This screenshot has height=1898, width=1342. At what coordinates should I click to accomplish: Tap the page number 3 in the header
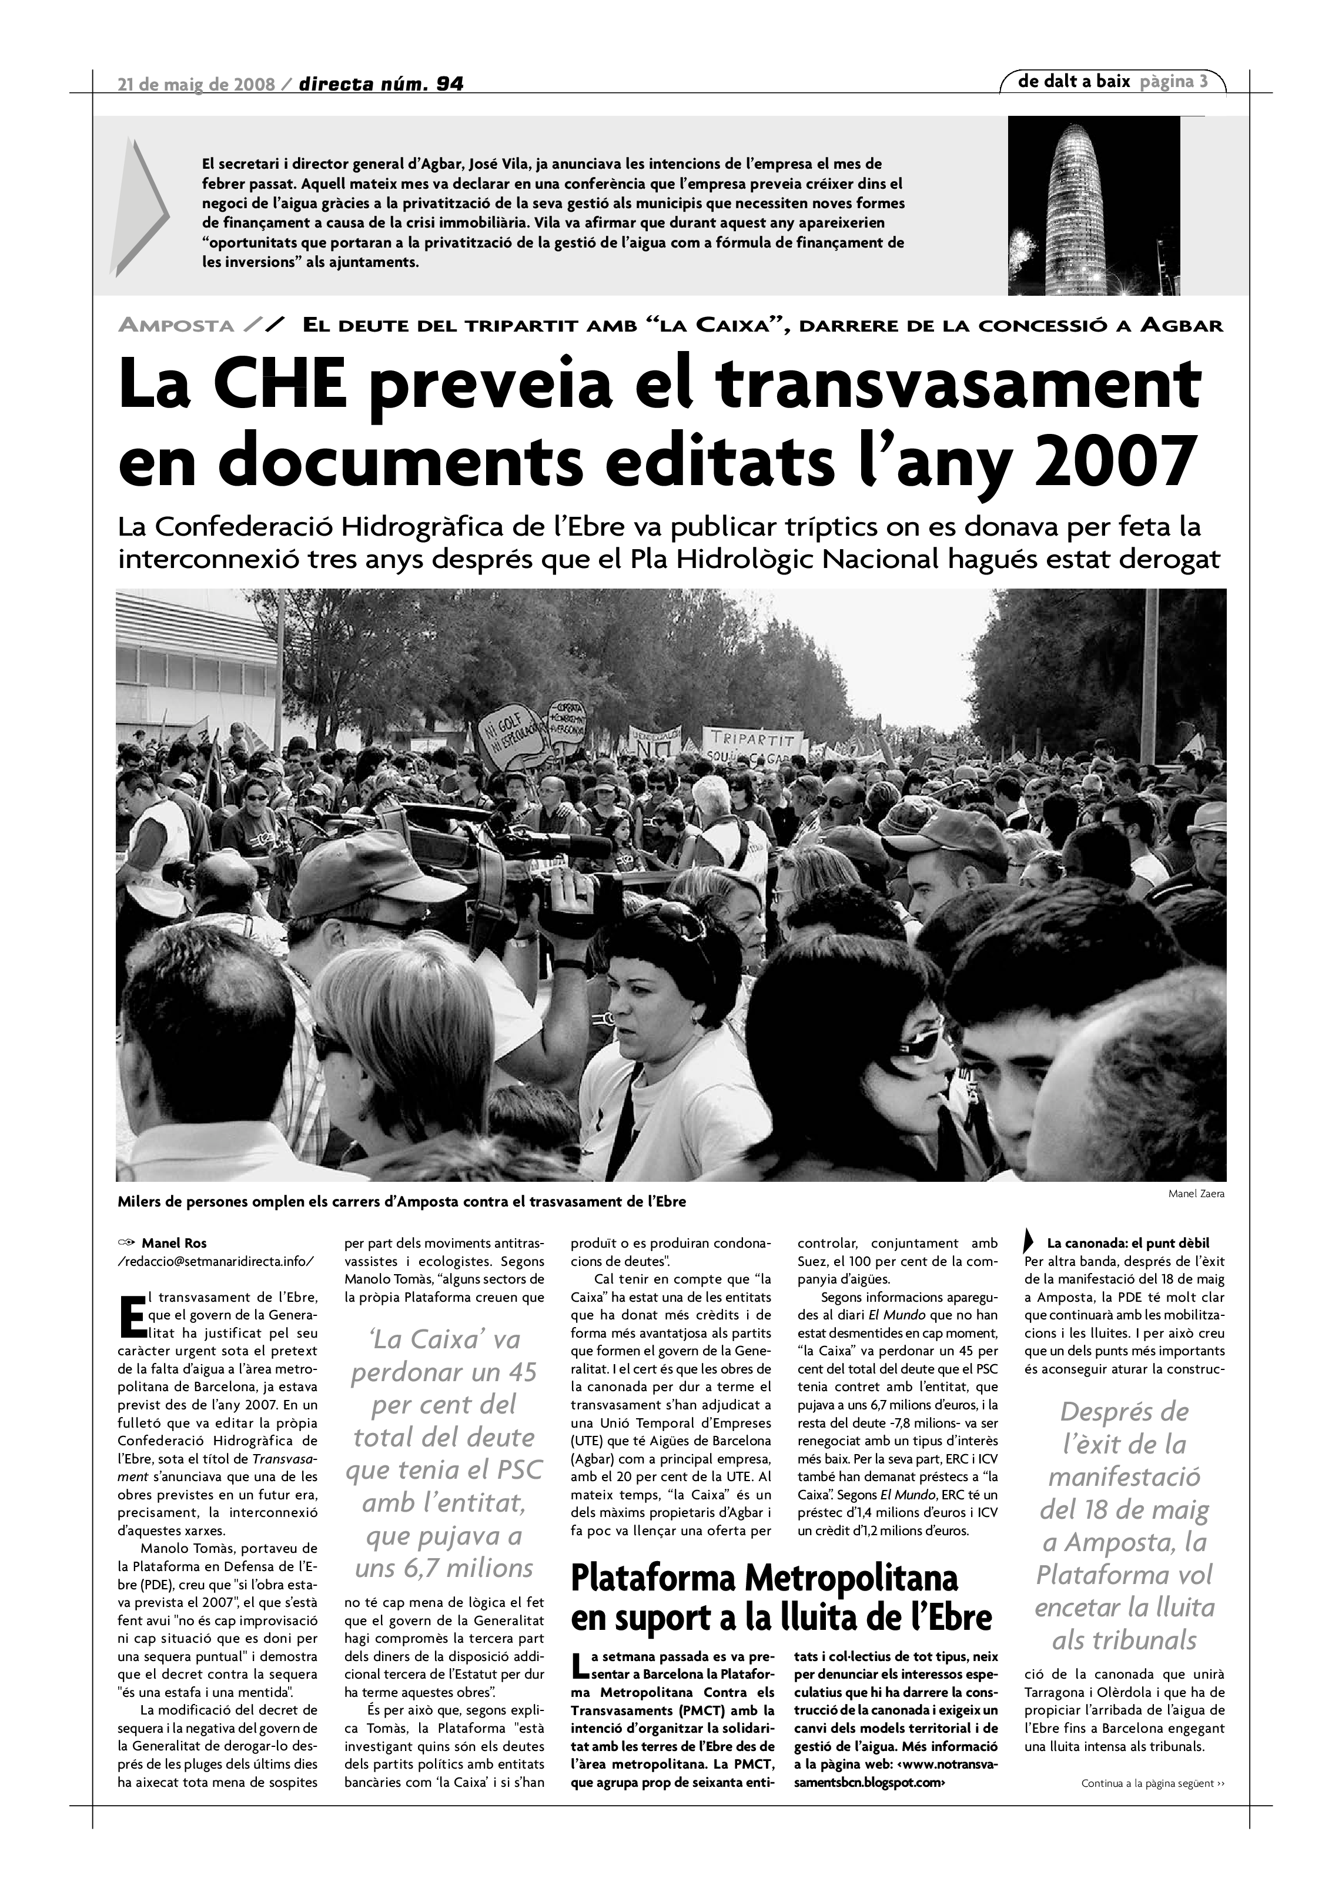1204,82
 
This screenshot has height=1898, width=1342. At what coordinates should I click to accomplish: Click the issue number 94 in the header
450,84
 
